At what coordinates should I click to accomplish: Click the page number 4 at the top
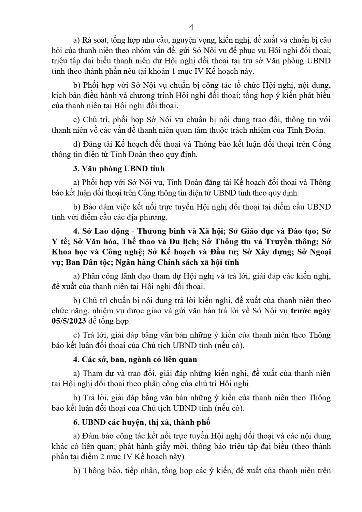click(191, 27)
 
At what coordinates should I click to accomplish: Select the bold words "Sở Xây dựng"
click(270, 252)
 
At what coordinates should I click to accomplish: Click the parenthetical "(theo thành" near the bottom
click(312, 446)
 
